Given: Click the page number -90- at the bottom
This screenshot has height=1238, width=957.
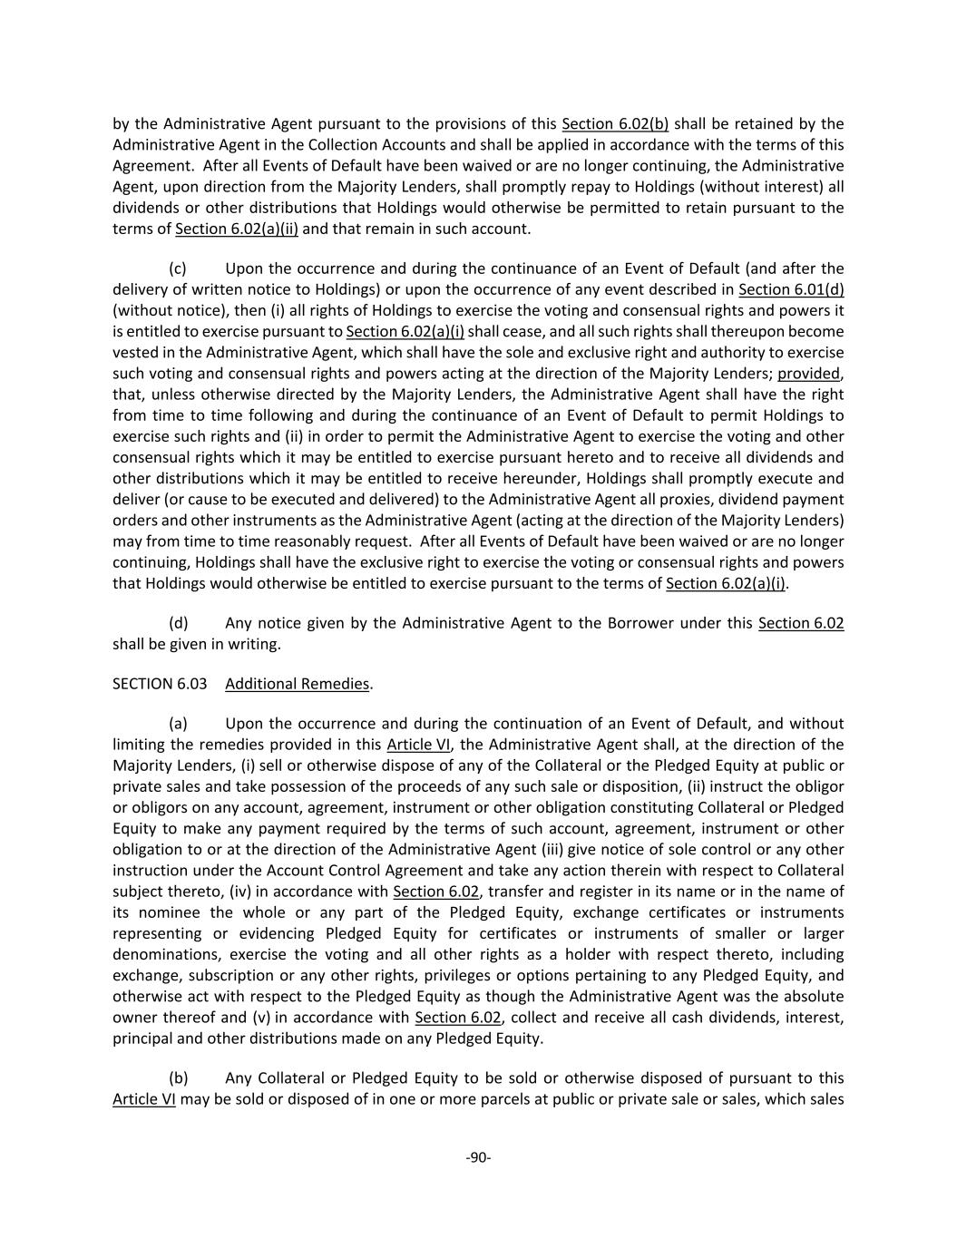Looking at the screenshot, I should coord(478,1157).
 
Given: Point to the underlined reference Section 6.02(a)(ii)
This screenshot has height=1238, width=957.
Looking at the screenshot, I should coord(236,229).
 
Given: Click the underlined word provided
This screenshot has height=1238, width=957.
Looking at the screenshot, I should coord(809,374).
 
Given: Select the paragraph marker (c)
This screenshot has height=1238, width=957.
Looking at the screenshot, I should coord(178,269).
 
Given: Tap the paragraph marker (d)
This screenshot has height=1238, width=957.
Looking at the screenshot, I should coord(178,624).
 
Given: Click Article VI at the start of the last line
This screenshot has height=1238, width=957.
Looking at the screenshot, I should coord(143,1099).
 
